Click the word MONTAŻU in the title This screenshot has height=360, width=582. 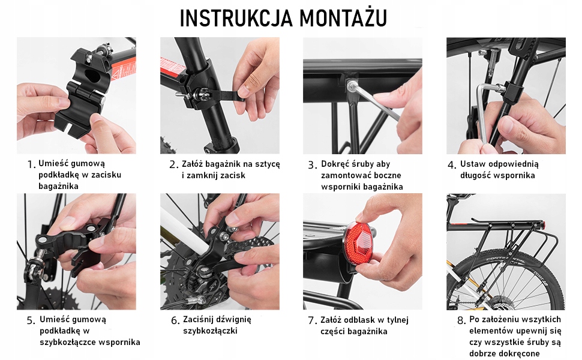coord(343,17)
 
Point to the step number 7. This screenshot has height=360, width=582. coord(313,320)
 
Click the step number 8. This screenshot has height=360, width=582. coord(461,320)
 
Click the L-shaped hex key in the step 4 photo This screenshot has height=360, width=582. coord(483,112)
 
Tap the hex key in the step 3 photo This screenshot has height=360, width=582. coord(373,101)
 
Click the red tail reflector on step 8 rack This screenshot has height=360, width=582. coord(544,224)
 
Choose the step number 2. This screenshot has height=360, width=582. coord(174,165)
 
